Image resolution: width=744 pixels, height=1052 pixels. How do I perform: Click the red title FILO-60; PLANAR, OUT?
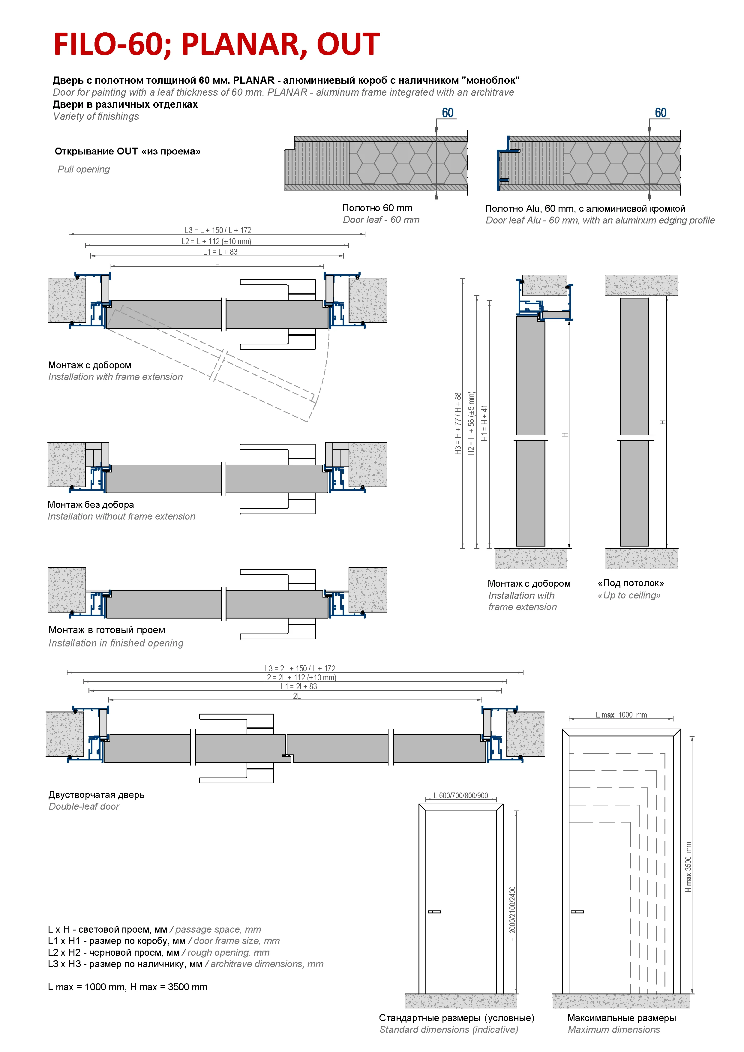[x=216, y=44]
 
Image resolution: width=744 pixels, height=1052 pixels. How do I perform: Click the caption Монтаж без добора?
[x=91, y=505]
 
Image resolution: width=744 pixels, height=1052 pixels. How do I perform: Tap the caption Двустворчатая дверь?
[x=96, y=795]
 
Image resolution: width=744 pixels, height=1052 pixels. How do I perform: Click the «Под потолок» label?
[x=630, y=583]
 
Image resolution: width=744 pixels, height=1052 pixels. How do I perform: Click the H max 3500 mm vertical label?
[x=688, y=867]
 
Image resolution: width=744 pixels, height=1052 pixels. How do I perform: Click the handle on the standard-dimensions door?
[x=434, y=912]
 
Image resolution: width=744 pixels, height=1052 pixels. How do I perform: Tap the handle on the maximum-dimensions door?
[x=577, y=912]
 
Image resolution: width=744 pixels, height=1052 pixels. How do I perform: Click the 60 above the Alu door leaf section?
[x=660, y=113]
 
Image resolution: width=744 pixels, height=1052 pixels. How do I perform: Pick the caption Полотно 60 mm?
[x=377, y=208]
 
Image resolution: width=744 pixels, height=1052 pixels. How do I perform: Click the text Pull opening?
[x=84, y=169]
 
